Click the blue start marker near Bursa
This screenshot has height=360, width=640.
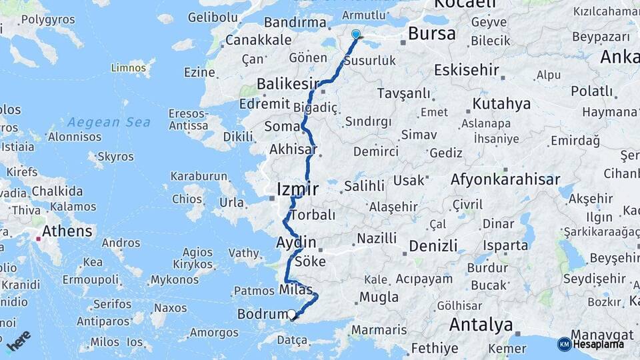356,35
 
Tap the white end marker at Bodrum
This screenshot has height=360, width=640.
291,314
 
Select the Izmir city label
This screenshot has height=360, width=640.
297,190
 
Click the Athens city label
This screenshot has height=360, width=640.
67,232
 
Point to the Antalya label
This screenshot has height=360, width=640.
481,325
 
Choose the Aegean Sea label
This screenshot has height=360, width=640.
109,122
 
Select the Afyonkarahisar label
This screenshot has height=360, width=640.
505,179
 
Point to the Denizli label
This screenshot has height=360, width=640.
433,245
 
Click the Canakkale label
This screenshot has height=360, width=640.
257,40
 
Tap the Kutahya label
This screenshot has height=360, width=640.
501,103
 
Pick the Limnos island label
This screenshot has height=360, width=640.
128,67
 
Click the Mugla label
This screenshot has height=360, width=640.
379,297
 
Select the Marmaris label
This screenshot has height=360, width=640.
379,330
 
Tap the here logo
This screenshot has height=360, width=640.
19,339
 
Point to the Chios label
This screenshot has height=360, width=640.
187,199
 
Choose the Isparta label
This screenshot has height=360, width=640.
505,245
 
